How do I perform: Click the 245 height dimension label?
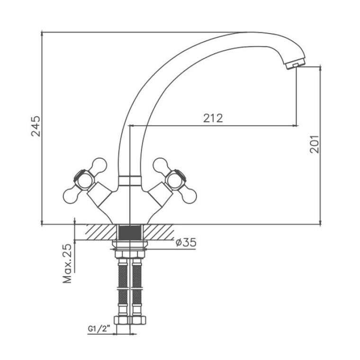pyautogui.click(x=36, y=126)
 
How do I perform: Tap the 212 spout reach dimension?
pyautogui.click(x=213, y=118)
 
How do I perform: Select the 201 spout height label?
pyautogui.click(x=315, y=144)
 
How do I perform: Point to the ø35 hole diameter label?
pyautogui.click(x=186, y=242)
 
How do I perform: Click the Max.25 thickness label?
pyautogui.click(x=67, y=263)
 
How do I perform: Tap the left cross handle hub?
pyautogui.click(x=83, y=180)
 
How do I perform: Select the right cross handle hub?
pyautogui.click(x=176, y=180)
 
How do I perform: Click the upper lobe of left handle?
pyautogui.click(x=99, y=165)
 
